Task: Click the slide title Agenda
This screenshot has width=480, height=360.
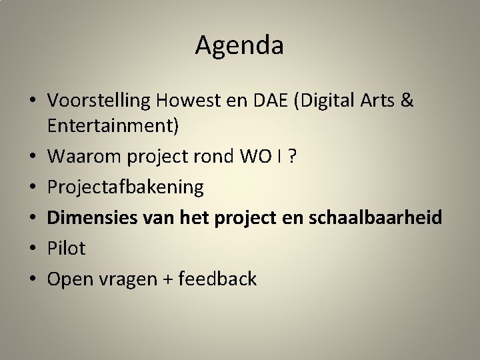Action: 240,45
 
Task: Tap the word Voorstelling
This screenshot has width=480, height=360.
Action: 99,101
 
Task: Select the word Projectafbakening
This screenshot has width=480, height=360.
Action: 125,187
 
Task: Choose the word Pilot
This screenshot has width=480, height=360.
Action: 67,249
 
